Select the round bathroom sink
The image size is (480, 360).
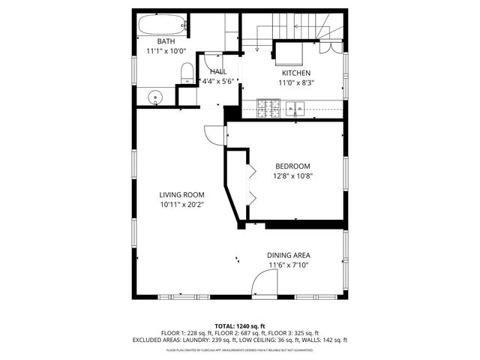tap(154, 96)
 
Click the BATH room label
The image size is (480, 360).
tap(167, 41)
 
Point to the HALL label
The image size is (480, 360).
tap(218, 72)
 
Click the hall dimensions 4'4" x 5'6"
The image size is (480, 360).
tap(218, 82)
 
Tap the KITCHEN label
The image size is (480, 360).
tap(295, 72)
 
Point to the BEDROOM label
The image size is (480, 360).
tap(292, 166)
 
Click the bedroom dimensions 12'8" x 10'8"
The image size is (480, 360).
tap(292, 177)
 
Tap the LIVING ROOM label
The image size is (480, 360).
tap(181, 194)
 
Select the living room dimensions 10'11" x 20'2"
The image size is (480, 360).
tap(181, 204)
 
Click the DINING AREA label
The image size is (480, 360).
tap(289, 255)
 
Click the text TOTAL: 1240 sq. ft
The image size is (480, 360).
tap(240, 326)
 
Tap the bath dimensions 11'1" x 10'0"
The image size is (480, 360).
tap(167, 52)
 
